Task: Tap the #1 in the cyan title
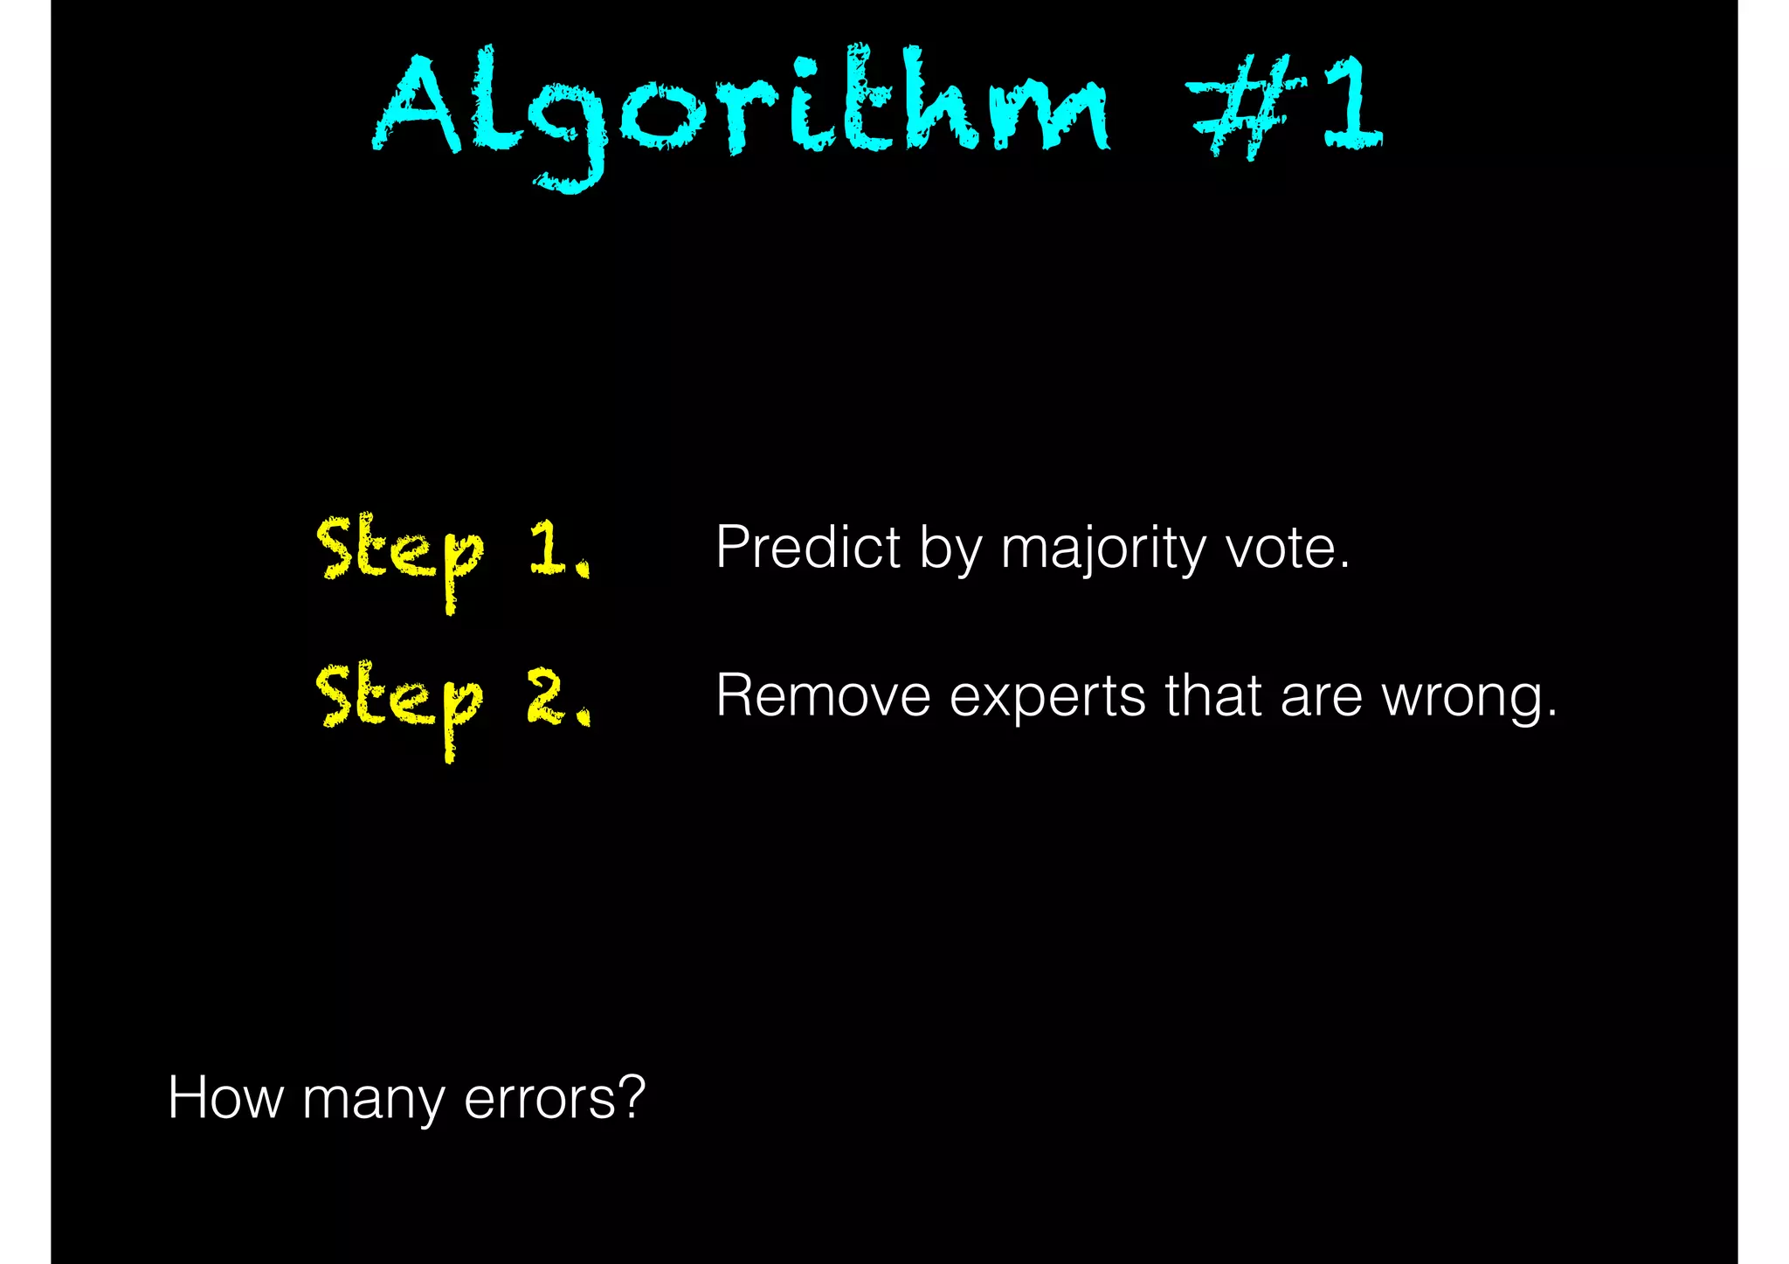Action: tap(1284, 105)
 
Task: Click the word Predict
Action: tap(808, 548)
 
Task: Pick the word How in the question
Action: tap(225, 1097)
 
